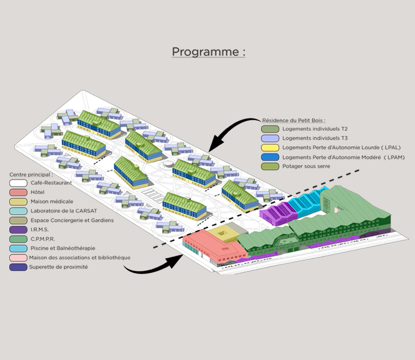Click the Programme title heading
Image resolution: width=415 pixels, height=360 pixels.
pyautogui.click(x=209, y=52)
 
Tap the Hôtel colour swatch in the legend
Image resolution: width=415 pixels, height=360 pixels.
pyautogui.click(x=18, y=192)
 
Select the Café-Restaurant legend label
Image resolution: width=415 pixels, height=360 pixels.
pyautogui.click(x=51, y=183)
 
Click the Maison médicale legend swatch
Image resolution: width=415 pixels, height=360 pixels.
pyautogui.click(x=18, y=201)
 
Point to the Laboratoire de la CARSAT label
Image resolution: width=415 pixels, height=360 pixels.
pyautogui.click(x=64, y=211)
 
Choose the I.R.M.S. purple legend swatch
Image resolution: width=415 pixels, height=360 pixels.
pyautogui.click(x=18, y=229)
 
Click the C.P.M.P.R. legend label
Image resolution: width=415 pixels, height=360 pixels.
pyautogui.click(x=43, y=239)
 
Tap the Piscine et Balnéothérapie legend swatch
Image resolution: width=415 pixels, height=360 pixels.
pyautogui.click(x=18, y=248)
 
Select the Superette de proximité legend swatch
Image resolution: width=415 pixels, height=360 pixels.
pyautogui.click(x=18, y=267)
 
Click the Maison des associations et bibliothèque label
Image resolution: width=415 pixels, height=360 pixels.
pyautogui.click(x=80, y=258)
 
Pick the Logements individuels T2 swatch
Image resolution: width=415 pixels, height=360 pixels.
pyautogui.click(x=270, y=129)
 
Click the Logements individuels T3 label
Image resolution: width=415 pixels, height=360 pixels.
pyautogui.click(x=315, y=138)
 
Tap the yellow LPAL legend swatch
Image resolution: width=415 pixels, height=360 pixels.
pyautogui.click(x=270, y=148)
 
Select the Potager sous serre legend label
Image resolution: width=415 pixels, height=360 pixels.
pyautogui.click(x=306, y=166)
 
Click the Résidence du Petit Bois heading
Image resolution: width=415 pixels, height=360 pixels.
pyautogui.click(x=294, y=120)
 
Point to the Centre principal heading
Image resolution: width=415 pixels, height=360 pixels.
pyautogui.click(x=31, y=174)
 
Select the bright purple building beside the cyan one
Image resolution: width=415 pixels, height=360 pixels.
pyautogui.click(x=279, y=213)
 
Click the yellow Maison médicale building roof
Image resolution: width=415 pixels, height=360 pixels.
pyautogui.click(x=224, y=234)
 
